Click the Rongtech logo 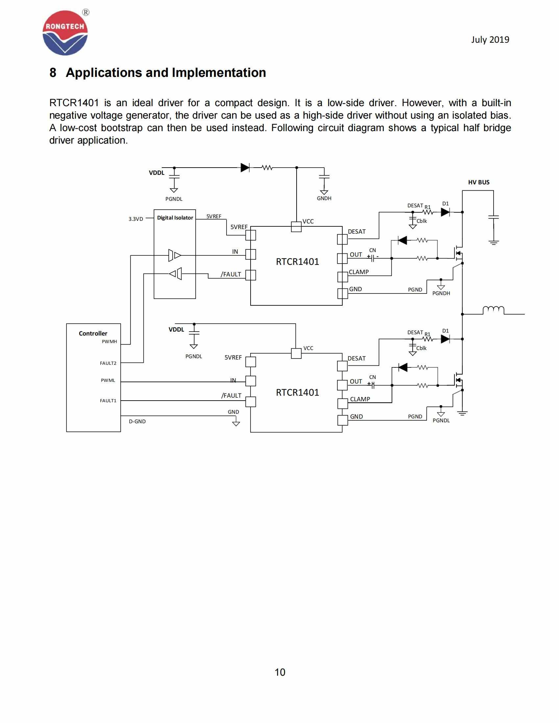[65, 33]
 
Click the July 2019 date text [490, 40]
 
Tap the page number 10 [280, 672]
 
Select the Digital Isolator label [175, 218]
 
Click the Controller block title [93, 333]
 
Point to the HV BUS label [478, 182]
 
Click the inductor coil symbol [493, 310]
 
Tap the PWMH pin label [109, 342]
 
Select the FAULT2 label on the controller [108, 363]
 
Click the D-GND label [137, 421]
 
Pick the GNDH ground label [324, 198]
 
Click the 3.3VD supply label [136, 219]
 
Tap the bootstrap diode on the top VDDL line [245, 168]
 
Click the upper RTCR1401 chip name [297, 262]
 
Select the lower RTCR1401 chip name [297, 392]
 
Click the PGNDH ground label [441, 293]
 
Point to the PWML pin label [108, 380]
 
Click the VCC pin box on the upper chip [296, 227]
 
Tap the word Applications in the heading [104, 73]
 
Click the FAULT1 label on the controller [108, 401]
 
